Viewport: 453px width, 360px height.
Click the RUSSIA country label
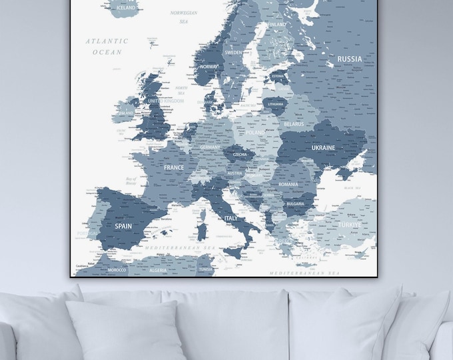[x=350, y=59]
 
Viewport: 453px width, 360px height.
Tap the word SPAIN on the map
[x=123, y=226]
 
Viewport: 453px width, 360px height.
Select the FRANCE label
[x=173, y=168]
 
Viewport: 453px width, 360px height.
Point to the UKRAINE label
[x=323, y=147]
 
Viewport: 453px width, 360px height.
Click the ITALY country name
[x=231, y=218]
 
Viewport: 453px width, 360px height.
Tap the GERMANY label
[x=210, y=147]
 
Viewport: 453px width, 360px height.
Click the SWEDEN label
[x=233, y=51]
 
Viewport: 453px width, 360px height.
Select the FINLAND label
[x=277, y=25]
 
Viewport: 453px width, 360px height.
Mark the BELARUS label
[x=293, y=124]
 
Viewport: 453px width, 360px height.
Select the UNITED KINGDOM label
[x=165, y=101]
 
